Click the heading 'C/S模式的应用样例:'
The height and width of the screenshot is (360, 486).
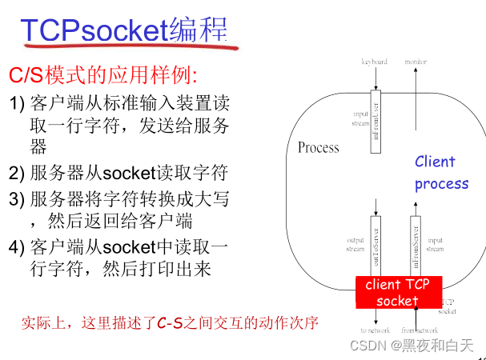pos(102,77)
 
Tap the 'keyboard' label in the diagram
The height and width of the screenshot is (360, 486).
pos(374,62)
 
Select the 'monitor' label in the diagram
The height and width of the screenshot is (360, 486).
pos(416,62)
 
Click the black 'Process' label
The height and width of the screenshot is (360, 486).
pos(318,147)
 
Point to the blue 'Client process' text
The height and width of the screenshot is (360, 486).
pos(440,172)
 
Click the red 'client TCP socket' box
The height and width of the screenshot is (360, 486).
pos(397,293)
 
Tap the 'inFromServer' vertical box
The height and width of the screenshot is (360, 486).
pos(416,244)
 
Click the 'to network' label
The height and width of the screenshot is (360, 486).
pos(375,330)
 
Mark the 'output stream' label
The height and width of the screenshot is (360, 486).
pos(354,243)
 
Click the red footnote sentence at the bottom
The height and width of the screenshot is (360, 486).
pos(170,322)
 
